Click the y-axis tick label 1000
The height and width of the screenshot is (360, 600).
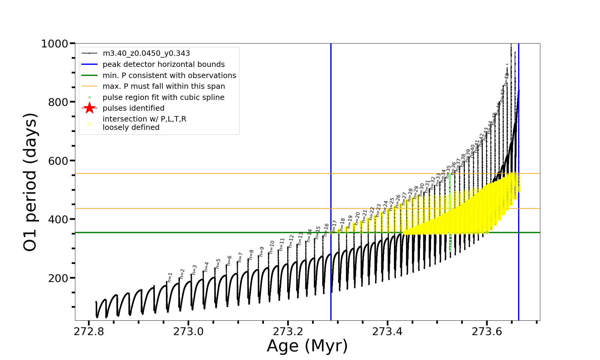pyautogui.click(x=55, y=44)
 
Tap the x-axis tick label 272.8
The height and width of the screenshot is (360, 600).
pyautogui.click(x=89, y=332)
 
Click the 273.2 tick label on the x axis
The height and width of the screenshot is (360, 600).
pyautogui.click(x=288, y=332)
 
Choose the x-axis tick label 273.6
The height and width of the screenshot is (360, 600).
pyautogui.click(x=487, y=332)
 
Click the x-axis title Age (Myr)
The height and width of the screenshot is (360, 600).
pyautogui.click(x=307, y=346)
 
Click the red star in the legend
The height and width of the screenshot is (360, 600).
pyautogui.click(x=89, y=108)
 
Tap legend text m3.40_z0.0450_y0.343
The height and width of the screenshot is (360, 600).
pyautogui.click(x=146, y=53)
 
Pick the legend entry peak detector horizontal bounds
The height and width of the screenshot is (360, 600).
pyautogui.click(x=163, y=64)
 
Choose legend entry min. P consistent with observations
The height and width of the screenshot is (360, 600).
pyautogui.click(x=169, y=76)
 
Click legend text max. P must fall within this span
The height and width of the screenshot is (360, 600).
pyautogui.click(x=163, y=86)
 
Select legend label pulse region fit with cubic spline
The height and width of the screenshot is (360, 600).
pyautogui.click(x=163, y=97)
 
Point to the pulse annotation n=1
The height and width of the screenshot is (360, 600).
pyautogui.click(x=170, y=277)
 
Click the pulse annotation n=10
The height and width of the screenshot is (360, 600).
pyautogui.click(x=272, y=247)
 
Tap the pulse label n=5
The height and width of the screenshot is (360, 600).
pyautogui.click(x=218, y=263)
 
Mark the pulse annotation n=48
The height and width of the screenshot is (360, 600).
pyautogui.click(x=507, y=79)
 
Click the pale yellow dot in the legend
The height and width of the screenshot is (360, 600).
pyautogui.click(x=89, y=124)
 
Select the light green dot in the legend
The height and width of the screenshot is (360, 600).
pyautogui.click(x=89, y=97)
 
